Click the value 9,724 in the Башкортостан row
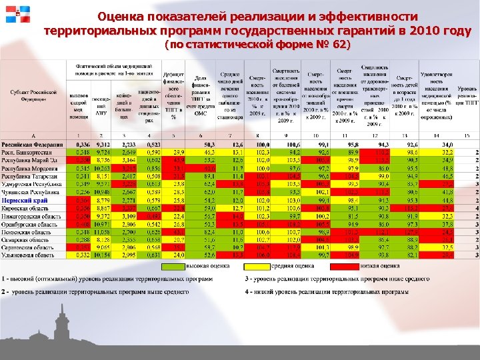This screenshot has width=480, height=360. [x=103, y=152]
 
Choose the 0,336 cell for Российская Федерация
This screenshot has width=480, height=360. [x=82, y=144]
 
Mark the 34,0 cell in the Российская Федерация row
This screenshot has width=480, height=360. [x=447, y=144]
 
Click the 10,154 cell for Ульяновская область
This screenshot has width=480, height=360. [x=103, y=254]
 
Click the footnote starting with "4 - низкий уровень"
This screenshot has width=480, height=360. [x=327, y=292]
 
